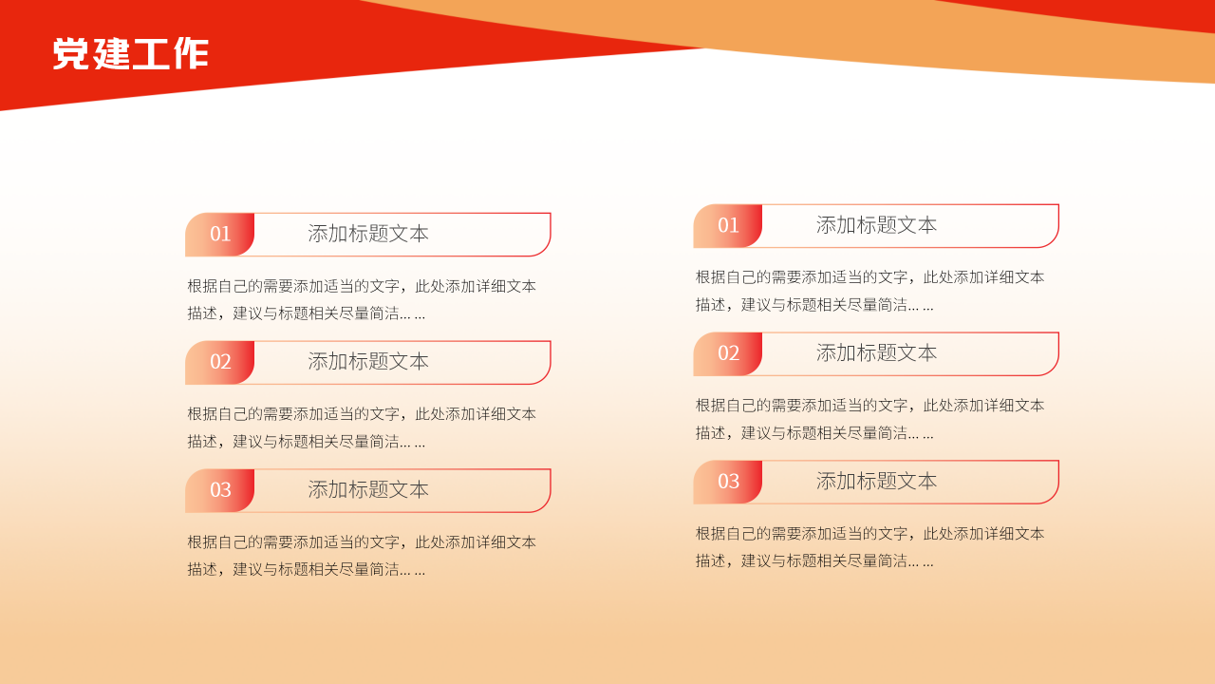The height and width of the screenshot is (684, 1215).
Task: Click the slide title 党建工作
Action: tap(130, 54)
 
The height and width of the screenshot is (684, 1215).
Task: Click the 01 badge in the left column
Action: tap(220, 235)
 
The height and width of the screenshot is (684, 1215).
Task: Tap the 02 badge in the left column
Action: tap(220, 362)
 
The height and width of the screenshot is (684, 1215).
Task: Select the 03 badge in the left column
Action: tap(220, 490)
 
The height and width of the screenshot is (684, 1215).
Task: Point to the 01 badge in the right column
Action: tap(728, 226)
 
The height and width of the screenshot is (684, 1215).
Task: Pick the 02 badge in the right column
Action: tap(728, 353)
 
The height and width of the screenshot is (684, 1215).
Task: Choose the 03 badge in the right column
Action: tap(728, 482)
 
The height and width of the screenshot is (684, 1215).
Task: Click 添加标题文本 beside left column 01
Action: tap(368, 234)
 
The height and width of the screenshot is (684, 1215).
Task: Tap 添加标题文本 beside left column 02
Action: tap(368, 362)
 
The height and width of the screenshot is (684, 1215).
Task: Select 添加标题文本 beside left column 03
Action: tap(368, 490)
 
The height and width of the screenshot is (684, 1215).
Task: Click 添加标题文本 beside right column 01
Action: tap(876, 225)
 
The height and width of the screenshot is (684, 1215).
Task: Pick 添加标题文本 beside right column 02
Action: tap(876, 353)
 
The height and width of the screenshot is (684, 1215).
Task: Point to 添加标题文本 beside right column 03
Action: tap(876, 482)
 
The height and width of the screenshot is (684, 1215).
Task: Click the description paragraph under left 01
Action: tap(362, 299)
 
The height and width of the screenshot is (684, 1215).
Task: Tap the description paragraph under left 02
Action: tap(362, 427)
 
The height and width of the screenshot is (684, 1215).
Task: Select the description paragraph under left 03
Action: tap(362, 556)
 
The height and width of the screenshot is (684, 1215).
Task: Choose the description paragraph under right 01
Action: tap(869, 291)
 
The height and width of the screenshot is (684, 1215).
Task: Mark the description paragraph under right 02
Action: tap(869, 419)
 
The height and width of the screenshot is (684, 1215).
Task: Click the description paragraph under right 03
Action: tap(869, 547)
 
